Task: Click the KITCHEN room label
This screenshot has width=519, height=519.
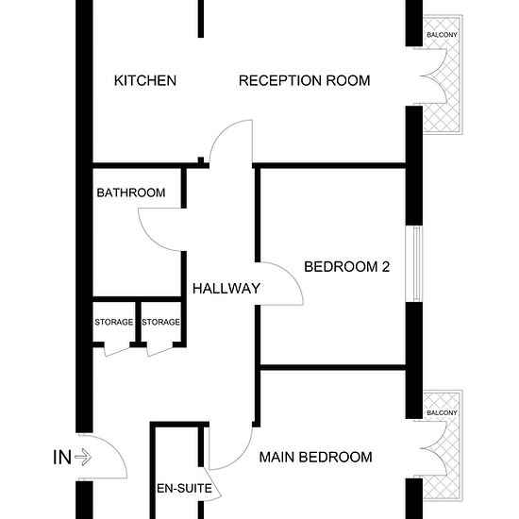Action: click(145, 81)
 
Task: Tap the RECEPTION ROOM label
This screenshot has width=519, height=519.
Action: click(304, 81)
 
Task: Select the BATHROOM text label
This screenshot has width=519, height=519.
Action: click(131, 193)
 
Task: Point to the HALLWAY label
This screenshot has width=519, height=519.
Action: click(226, 289)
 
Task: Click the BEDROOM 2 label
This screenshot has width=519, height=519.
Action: click(346, 267)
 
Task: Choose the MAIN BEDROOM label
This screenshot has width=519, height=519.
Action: click(315, 457)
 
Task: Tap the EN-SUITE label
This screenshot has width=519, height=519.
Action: click(184, 488)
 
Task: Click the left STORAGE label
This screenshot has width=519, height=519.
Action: click(114, 322)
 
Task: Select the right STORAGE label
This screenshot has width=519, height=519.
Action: click(160, 322)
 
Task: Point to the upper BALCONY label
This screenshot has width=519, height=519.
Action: click(442, 35)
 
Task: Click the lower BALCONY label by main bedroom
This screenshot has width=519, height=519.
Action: click(442, 412)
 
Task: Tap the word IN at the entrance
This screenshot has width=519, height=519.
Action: click(62, 458)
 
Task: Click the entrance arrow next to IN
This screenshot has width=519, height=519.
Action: click(83, 458)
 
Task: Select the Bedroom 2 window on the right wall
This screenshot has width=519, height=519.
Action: click(414, 264)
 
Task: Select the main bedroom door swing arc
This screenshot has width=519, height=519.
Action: click(241, 457)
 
